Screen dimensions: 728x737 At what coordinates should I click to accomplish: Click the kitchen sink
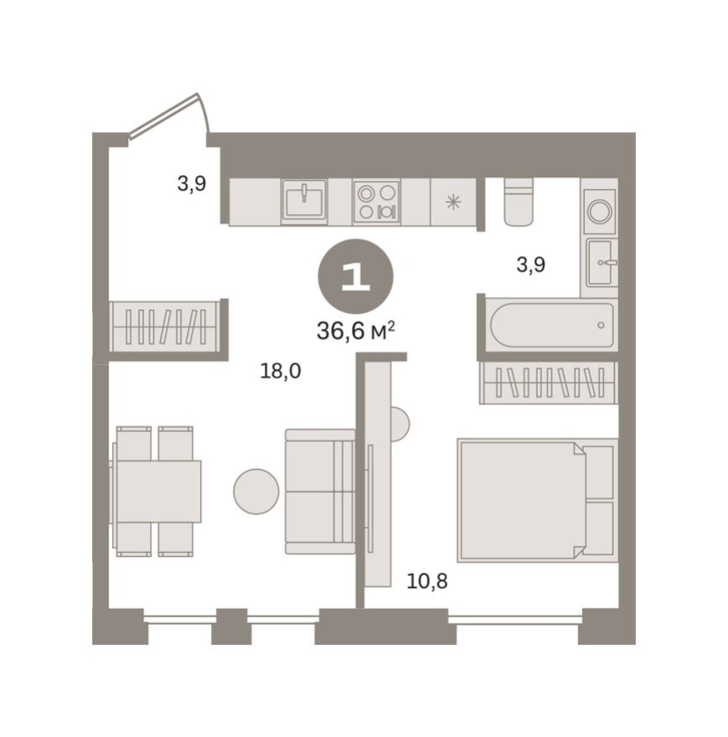[304, 202]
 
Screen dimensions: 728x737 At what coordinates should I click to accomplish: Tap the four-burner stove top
[377, 202]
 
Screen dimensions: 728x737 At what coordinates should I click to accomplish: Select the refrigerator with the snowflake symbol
[453, 202]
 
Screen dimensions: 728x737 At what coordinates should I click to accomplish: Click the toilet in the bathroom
[519, 202]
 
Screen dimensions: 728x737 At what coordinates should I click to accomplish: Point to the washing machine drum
[600, 211]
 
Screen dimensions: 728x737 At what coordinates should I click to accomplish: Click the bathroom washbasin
[600, 262]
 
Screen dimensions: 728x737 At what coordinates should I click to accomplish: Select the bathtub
[552, 325]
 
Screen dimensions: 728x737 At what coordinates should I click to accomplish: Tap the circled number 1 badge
[355, 277]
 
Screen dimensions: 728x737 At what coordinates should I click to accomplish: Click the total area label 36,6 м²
[355, 331]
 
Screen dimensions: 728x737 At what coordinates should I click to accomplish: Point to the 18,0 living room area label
[281, 371]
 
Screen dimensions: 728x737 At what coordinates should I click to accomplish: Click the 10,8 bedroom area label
[427, 581]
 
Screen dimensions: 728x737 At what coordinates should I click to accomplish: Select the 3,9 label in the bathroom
[531, 265]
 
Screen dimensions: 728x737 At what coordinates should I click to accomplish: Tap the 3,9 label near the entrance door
[191, 183]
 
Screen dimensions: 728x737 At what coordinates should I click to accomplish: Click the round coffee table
[256, 491]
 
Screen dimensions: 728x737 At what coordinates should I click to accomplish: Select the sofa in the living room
[320, 491]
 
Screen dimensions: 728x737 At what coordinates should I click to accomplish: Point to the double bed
[538, 500]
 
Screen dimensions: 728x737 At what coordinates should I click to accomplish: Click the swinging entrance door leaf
[163, 116]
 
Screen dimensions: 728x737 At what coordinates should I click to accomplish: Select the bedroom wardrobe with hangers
[549, 383]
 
